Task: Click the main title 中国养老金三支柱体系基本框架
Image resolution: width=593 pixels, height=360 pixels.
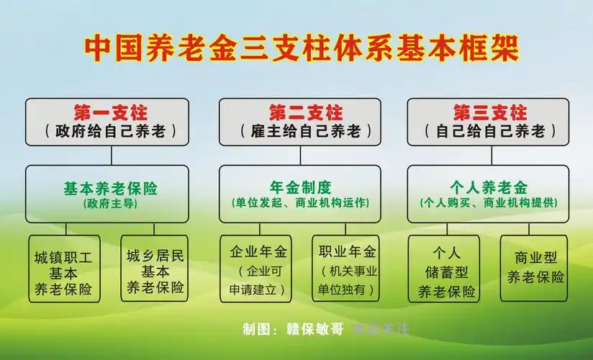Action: pos(301,47)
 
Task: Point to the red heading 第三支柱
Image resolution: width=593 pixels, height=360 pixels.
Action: pos(489,112)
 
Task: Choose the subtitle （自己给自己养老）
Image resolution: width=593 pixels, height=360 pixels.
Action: pos(489,132)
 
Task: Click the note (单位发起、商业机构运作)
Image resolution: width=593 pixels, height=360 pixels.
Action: pos(300,204)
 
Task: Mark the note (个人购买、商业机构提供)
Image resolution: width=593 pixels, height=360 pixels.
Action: pos(489,204)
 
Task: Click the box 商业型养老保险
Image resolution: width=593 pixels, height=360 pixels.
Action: pos(535,267)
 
